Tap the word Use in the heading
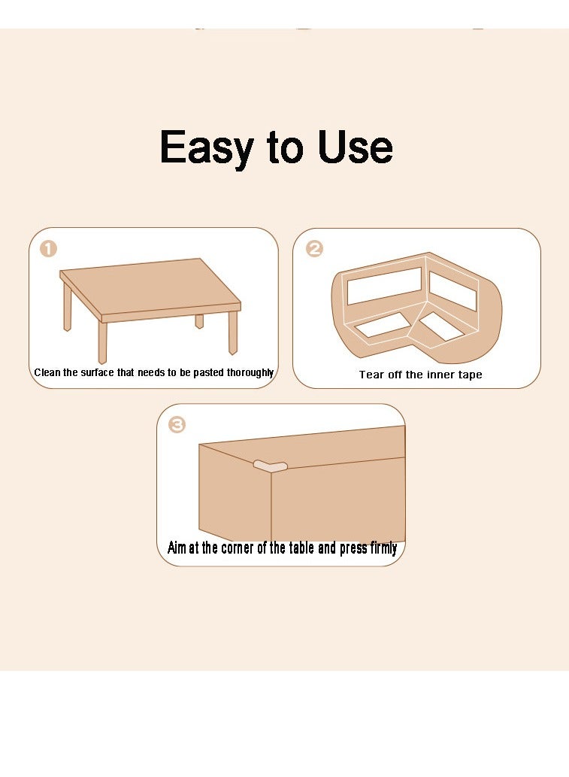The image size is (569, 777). coord(356,147)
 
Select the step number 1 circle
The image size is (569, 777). coord(48,248)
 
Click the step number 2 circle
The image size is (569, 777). coord(314,248)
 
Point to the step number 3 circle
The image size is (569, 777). coord(177,426)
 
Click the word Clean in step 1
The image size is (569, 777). coord(47,372)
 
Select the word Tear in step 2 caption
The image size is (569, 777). coord(371,375)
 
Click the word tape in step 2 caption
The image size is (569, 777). coord(469,375)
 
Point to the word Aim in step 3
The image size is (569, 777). coord(177,548)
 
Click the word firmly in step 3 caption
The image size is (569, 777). coord(383,548)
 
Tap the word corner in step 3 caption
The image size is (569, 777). coord(238,548)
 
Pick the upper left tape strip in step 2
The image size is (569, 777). coord(384,286)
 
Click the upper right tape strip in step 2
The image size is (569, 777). coord(452,290)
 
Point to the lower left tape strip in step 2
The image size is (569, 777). coord(382,326)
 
